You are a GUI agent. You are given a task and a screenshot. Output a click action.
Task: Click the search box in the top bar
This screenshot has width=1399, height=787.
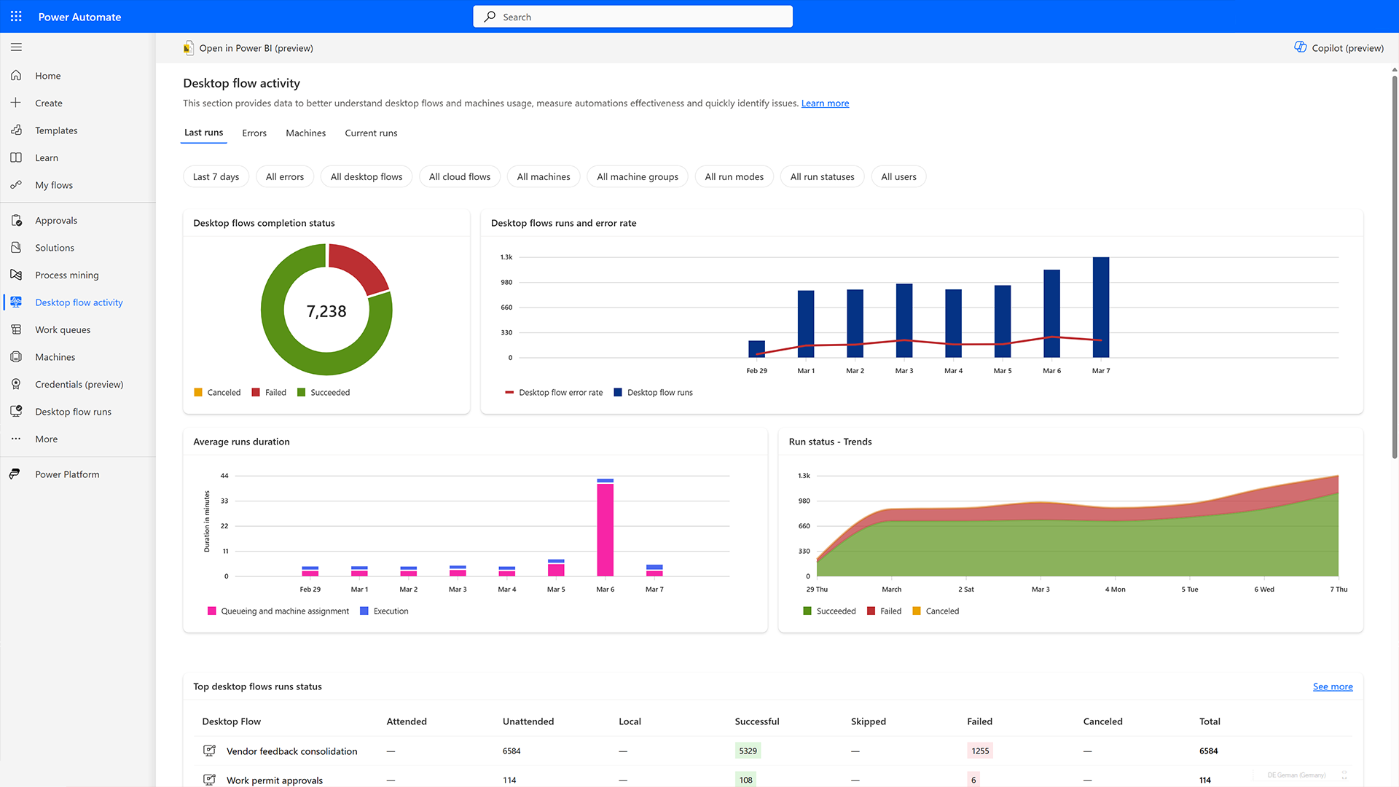tap(632, 17)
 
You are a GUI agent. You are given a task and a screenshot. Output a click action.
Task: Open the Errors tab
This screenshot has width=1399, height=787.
tap(254, 133)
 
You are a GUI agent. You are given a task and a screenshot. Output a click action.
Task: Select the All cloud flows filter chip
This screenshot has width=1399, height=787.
tap(459, 177)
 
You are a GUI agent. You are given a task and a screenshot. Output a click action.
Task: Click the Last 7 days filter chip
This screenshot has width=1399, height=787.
tap(216, 177)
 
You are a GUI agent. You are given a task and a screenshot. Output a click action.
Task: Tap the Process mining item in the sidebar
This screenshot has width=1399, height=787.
tap(66, 275)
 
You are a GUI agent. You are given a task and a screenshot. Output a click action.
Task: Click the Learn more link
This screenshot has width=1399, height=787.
tap(825, 103)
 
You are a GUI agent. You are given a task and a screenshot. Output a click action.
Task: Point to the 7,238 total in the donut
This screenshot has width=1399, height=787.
tap(326, 312)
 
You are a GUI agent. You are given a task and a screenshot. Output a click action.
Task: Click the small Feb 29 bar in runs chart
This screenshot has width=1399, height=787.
tap(756, 349)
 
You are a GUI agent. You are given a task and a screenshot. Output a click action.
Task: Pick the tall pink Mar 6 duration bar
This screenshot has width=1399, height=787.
tap(605, 529)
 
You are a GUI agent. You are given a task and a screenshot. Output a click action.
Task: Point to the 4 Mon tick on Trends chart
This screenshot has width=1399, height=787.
tap(1115, 590)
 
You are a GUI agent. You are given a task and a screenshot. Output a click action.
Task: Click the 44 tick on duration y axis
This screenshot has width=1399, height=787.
tap(224, 476)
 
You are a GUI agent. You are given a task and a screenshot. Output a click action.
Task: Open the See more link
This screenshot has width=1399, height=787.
tap(1332, 686)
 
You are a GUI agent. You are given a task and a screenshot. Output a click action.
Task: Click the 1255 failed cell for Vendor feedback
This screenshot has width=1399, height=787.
tap(980, 751)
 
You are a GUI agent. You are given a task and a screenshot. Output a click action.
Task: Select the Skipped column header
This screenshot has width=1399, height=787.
tap(868, 721)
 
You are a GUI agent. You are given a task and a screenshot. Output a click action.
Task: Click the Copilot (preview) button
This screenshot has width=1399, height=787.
tap(1339, 48)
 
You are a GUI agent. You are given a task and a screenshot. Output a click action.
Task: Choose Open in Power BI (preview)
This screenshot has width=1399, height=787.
tap(248, 48)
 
